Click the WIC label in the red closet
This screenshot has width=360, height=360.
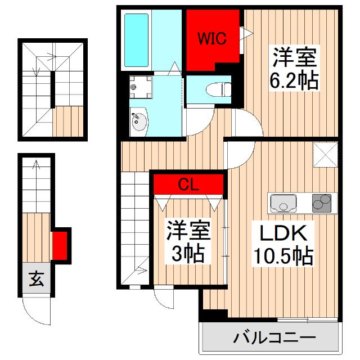[212, 39]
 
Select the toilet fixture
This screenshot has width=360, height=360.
[217, 89]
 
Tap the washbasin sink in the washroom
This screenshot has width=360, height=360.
[138, 121]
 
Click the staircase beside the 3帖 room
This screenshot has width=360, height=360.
[134, 225]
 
